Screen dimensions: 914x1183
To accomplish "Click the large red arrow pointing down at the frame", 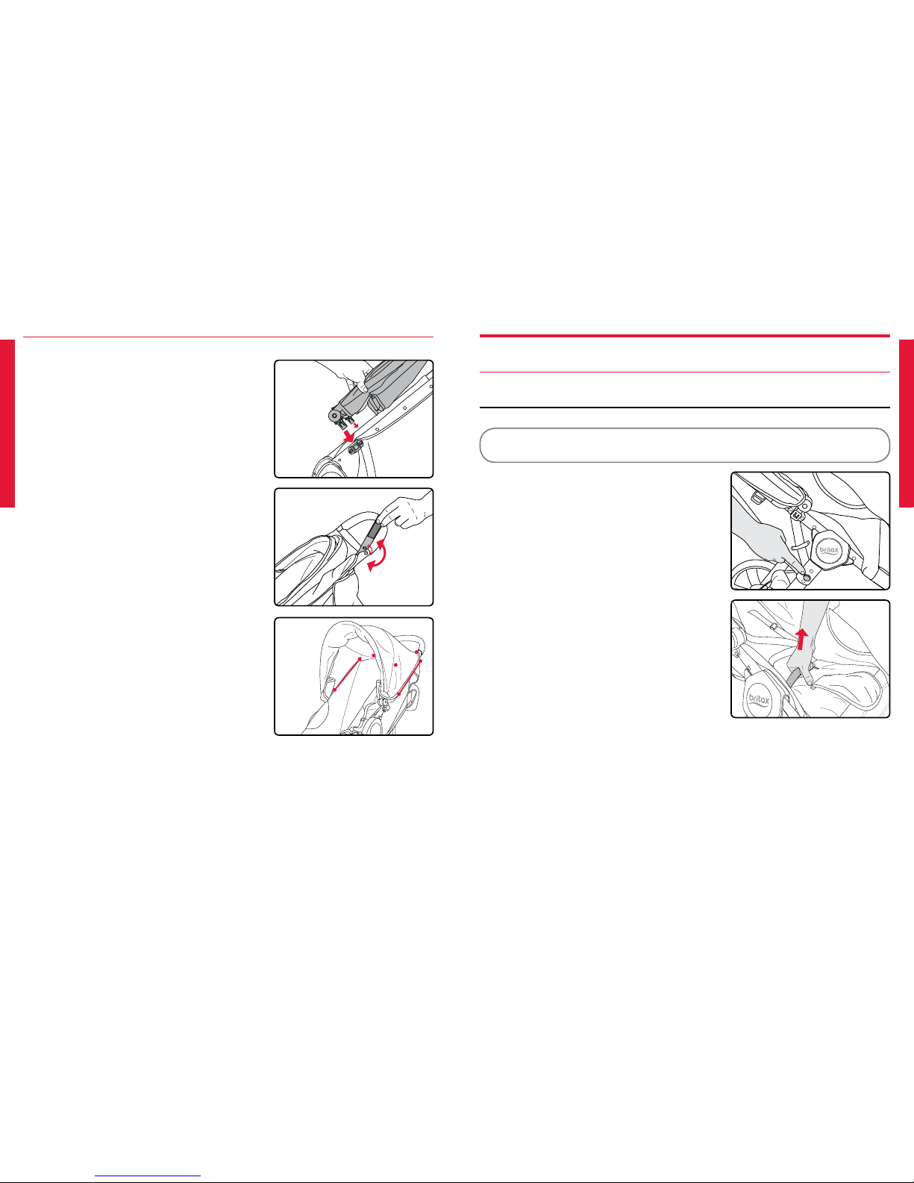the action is (348, 435).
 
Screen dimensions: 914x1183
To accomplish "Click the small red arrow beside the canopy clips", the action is (356, 423).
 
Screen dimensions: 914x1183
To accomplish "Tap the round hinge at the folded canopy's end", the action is (333, 416).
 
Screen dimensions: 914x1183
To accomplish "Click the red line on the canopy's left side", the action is (346, 675).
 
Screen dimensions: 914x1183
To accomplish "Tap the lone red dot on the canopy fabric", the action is (395, 665).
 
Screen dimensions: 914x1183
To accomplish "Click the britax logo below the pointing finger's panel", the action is (758, 701).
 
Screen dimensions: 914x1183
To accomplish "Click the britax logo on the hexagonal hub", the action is (829, 550).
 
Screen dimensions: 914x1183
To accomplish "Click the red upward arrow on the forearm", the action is (801, 639).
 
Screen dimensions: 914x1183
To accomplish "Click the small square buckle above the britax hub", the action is (797, 513).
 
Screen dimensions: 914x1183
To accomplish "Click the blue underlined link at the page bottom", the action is (148, 1175).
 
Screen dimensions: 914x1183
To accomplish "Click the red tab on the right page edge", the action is (907, 423).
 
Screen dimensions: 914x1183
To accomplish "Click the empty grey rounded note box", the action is (684, 446).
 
